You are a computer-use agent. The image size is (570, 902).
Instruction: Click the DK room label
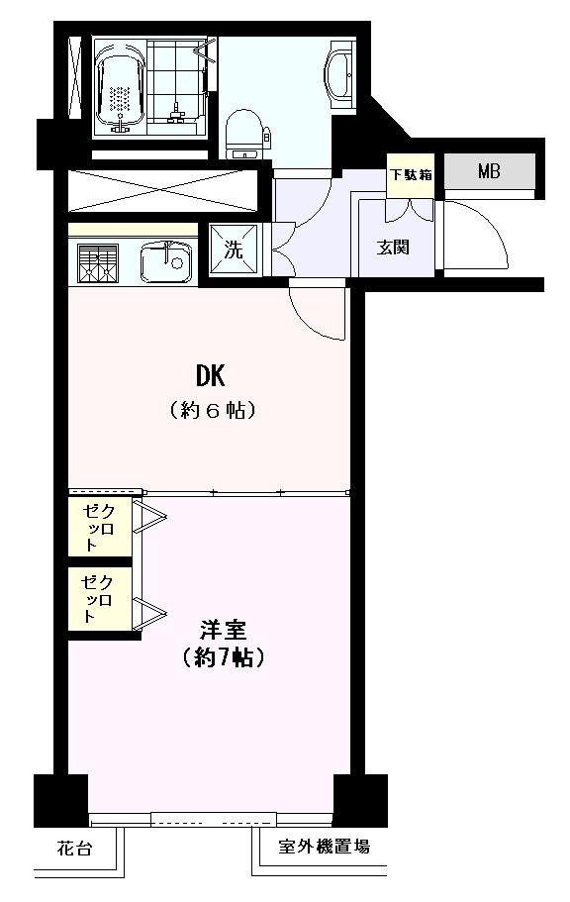[210, 376]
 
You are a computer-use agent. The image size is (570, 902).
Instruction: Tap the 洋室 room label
[222, 630]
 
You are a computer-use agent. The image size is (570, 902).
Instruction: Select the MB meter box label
[489, 171]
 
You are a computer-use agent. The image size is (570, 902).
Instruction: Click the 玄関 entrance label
[393, 248]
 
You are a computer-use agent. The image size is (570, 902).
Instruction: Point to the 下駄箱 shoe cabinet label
[410, 175]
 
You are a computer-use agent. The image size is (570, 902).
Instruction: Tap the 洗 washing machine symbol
[234, 250]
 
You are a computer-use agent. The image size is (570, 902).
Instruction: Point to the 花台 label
[70, 848]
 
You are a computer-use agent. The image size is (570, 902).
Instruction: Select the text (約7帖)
[223, 656]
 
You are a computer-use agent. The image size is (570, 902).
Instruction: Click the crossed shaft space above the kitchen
[158, 189]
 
